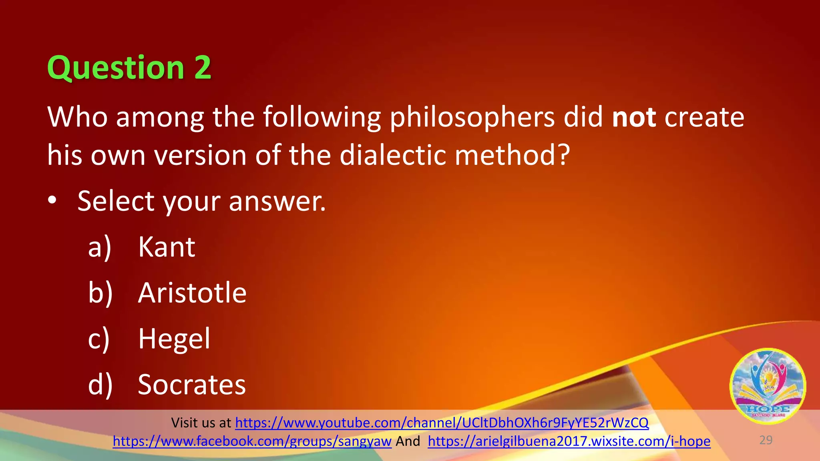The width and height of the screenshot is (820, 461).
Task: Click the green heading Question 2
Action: [x=129, y=68]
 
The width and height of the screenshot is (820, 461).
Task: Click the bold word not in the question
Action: [x=634, y=117]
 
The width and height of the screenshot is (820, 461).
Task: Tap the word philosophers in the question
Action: [x=472, y=118]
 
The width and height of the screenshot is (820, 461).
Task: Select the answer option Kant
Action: [x=167, y=247]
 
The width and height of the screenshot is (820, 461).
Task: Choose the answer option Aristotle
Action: [x=192, y=293]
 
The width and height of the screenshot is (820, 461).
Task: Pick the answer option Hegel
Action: [x=174, y=339]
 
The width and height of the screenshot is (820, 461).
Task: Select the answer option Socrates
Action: [x=192, y=385]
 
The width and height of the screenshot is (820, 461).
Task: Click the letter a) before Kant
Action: [x=99, y=248]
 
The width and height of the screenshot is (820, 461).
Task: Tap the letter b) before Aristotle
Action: [x=100, y=293]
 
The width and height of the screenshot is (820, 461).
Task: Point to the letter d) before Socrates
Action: [x=100, y=385]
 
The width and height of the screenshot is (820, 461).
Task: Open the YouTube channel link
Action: [x=442, y=423]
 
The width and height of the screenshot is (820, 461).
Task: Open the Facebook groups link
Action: [x=252, y=441]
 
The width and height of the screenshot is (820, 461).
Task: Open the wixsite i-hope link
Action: [x=569, y=441]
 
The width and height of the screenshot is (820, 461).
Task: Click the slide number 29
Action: [x=766, y=440]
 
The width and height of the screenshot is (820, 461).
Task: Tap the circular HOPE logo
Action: [x=768, y=387]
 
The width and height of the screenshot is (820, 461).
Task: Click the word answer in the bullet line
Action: [x=277, y=201]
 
